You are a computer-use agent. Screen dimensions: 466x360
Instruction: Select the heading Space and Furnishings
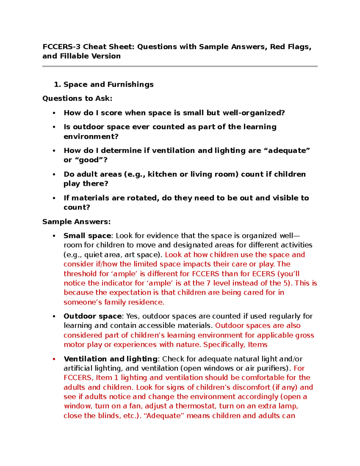(x=108, y=85)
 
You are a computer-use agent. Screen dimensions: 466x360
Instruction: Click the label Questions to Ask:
(x=77, y=98)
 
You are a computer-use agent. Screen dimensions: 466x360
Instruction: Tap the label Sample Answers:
(x=76, y=222)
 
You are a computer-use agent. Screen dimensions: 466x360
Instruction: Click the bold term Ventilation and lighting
(x=110, y=359)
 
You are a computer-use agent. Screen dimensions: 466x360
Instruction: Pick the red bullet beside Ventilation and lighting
(x=54, y=359)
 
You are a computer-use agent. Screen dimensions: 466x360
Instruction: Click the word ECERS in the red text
(x=264, y=274)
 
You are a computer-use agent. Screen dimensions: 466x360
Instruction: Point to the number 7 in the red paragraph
(x=208, y=283)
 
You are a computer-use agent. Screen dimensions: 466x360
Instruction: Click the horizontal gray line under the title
(x=180, y=66)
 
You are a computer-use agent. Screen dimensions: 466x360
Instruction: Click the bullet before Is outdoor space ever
(x=54, y=127)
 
